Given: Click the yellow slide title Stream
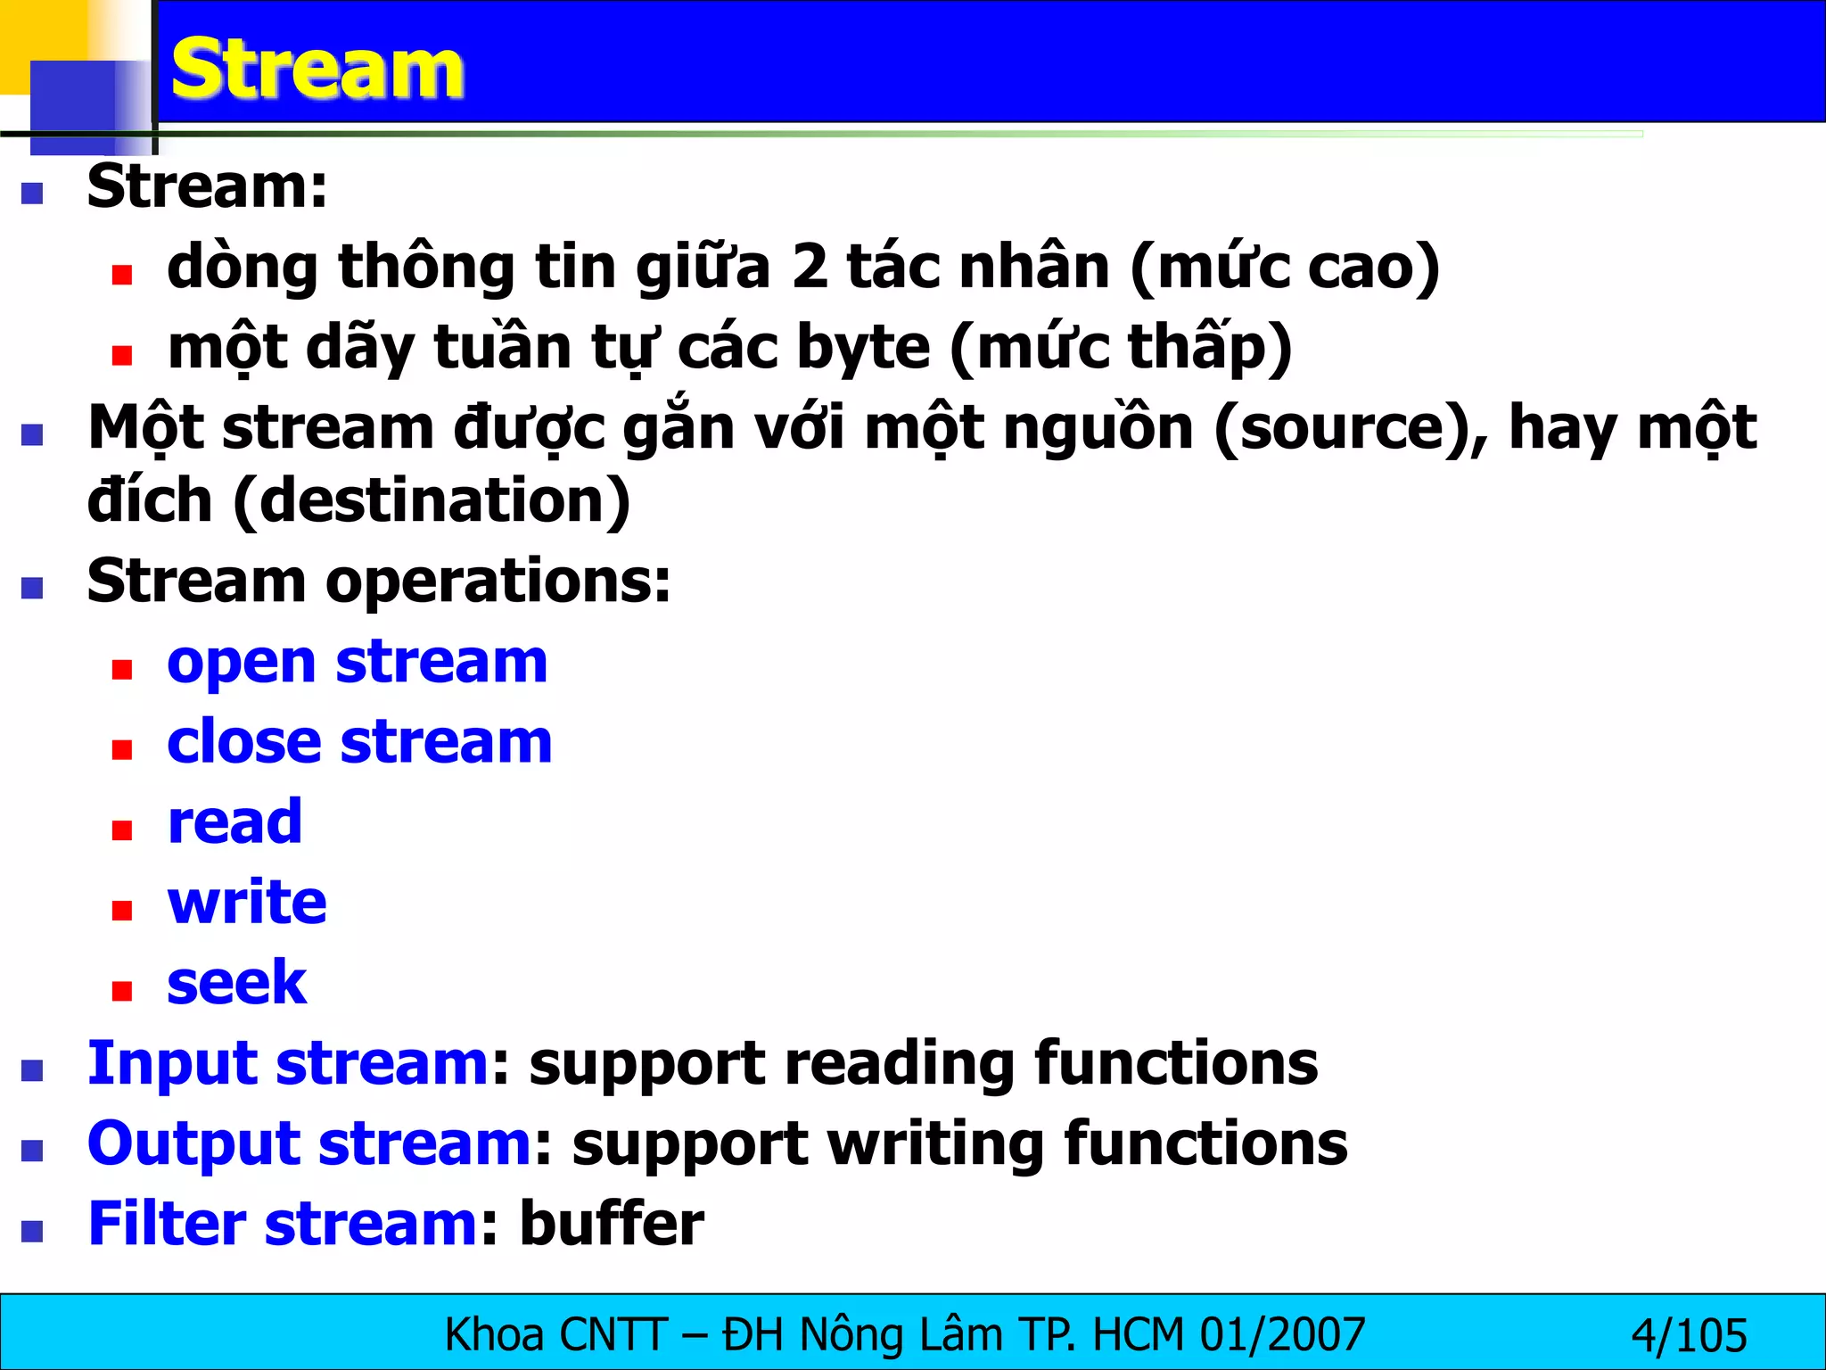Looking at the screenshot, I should [x=317, y=70].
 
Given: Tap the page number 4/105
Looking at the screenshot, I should [x=1689, y=1336].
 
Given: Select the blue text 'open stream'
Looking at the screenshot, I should [x=357, y=663].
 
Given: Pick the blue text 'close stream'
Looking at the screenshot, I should [x=359, y=742].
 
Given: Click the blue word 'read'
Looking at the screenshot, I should [x=234, y=821].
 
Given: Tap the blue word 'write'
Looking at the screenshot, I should [x=247, y=902].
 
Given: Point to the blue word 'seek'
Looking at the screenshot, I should [x=236, y=983].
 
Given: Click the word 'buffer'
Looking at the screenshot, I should [x=612, y=1224].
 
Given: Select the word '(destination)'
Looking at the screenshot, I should [x=432, y=500].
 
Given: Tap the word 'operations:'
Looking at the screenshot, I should [x=498, y=582].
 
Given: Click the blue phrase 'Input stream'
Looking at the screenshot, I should [x=288, y=1063].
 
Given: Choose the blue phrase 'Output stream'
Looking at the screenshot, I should [x=309, y=1143].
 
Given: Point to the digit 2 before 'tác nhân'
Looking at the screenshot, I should [x=810, y=267].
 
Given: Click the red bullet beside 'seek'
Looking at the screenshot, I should [x=122, y=990].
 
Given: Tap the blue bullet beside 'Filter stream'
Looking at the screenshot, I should [x=33, y=1231].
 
